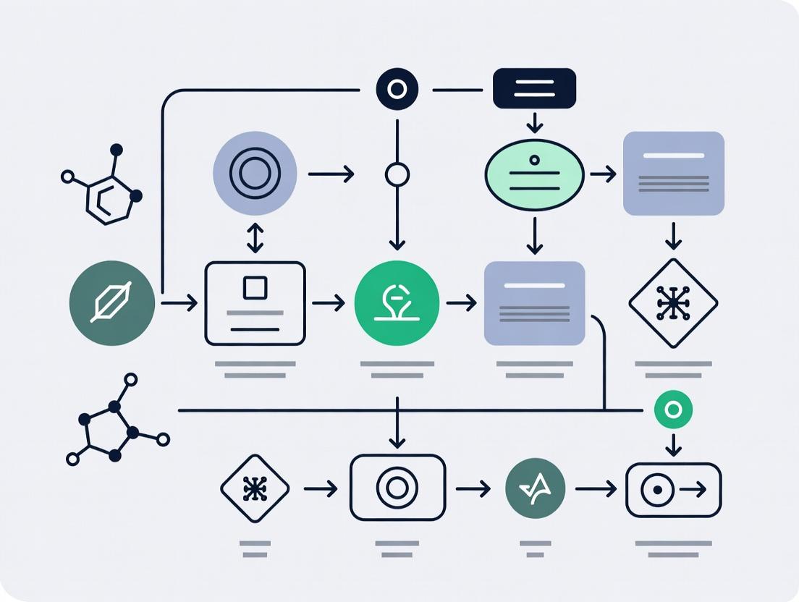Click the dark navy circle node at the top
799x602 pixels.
click(397, 90)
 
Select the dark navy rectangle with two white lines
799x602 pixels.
click(534, 88)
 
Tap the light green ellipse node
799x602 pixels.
click(534, 174)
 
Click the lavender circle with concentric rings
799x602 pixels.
click(255, 173)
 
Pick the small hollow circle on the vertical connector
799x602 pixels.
click(397, 174)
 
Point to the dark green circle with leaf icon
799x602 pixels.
click(112, 302)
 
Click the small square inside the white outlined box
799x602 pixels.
click(255, 287)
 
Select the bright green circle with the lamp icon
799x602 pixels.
click(397, 303)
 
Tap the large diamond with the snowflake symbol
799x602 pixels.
click(673, 303)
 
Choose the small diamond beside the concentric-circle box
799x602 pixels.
click(255, 489)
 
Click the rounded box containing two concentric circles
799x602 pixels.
click(397, 488)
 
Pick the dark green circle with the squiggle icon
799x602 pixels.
click(536, 489)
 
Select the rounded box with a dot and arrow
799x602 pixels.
click(673, 490)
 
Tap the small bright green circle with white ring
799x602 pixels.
click(673, 411)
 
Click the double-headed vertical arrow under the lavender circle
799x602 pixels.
click(255, 238)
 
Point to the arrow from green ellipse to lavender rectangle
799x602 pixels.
click(603, 174)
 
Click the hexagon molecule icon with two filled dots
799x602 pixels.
click(105, 185)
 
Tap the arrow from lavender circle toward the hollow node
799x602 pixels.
click(331, 174)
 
